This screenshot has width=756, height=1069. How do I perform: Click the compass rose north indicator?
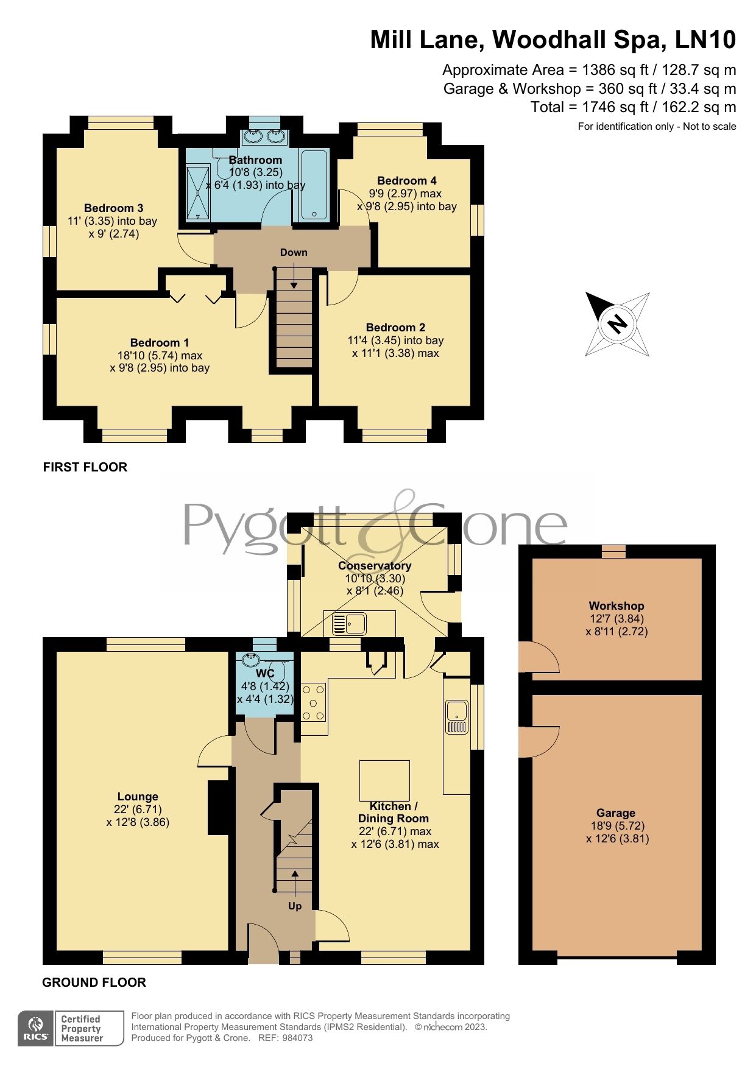point(617,323)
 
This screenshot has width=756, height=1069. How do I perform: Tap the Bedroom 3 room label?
point(113,208)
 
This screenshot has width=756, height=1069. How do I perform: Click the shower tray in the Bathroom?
point(198,192)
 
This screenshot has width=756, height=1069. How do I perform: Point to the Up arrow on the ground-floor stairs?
point(295,881)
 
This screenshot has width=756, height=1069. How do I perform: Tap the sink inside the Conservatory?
point(349,624)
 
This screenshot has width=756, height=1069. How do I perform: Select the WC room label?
point(265,674)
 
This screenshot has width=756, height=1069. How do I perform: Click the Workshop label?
point(616,605)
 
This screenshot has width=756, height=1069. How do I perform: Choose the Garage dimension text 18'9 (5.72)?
point(616,826)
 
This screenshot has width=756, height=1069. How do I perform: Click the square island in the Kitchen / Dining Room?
point(384,780)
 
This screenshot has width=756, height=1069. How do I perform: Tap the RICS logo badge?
point(37,1028)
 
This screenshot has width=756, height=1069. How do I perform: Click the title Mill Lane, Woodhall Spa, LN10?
point(553,40)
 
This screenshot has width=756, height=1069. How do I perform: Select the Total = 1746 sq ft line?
point(633,108)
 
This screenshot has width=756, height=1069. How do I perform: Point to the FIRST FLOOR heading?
point(85,467)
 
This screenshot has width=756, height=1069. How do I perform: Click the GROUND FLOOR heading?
point(94,983)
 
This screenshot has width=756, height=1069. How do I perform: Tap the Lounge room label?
point(138,797)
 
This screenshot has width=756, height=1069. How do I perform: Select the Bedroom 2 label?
point(395,328)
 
